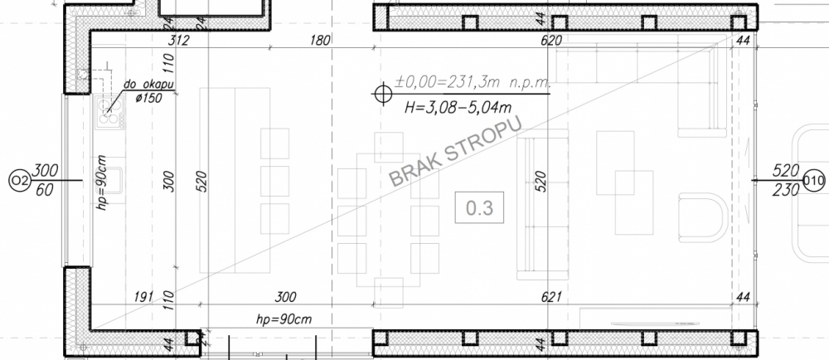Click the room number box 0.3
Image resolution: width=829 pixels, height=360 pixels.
(479, 207)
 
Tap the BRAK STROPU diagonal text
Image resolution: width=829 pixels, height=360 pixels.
(455, 151)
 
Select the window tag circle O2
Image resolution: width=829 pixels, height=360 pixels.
(19, 181)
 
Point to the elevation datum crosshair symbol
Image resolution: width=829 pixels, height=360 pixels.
(381, 94)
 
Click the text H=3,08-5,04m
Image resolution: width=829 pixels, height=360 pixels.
(458, 107)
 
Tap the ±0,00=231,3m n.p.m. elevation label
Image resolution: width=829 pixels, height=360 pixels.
(473, 82)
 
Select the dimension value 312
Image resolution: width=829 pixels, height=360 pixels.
(179, 40)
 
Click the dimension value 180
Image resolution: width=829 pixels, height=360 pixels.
(320, 40)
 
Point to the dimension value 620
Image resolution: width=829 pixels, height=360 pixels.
(551, 40)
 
